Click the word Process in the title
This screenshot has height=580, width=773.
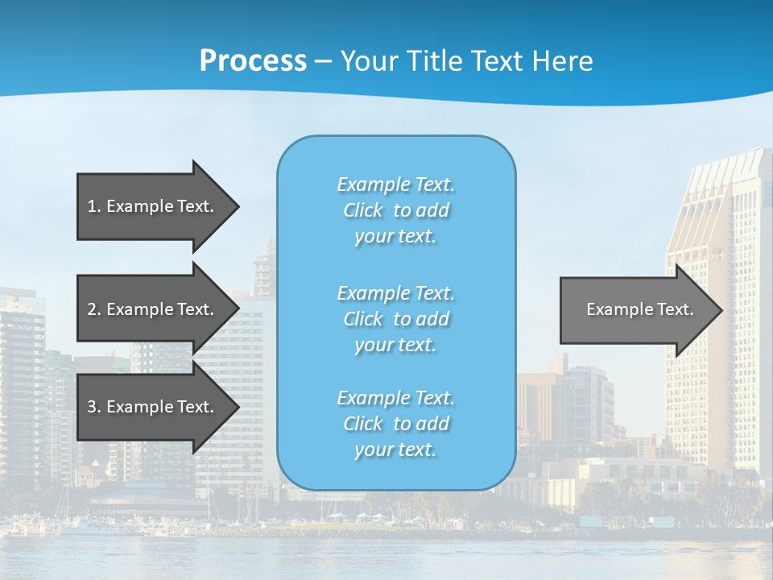(x=253, y=61)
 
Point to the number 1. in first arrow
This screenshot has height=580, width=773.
(x=94, y=206)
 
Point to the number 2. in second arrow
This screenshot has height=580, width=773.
(x=94, y=309)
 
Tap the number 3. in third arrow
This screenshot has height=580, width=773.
(x=94, y=407)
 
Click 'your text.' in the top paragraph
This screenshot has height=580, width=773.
(x=395, y=237)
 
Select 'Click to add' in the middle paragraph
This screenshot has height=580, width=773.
(x=396, y=319)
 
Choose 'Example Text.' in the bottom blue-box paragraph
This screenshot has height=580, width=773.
(x=396, y=398)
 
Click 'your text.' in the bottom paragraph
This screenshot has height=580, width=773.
(x=395, y=449)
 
